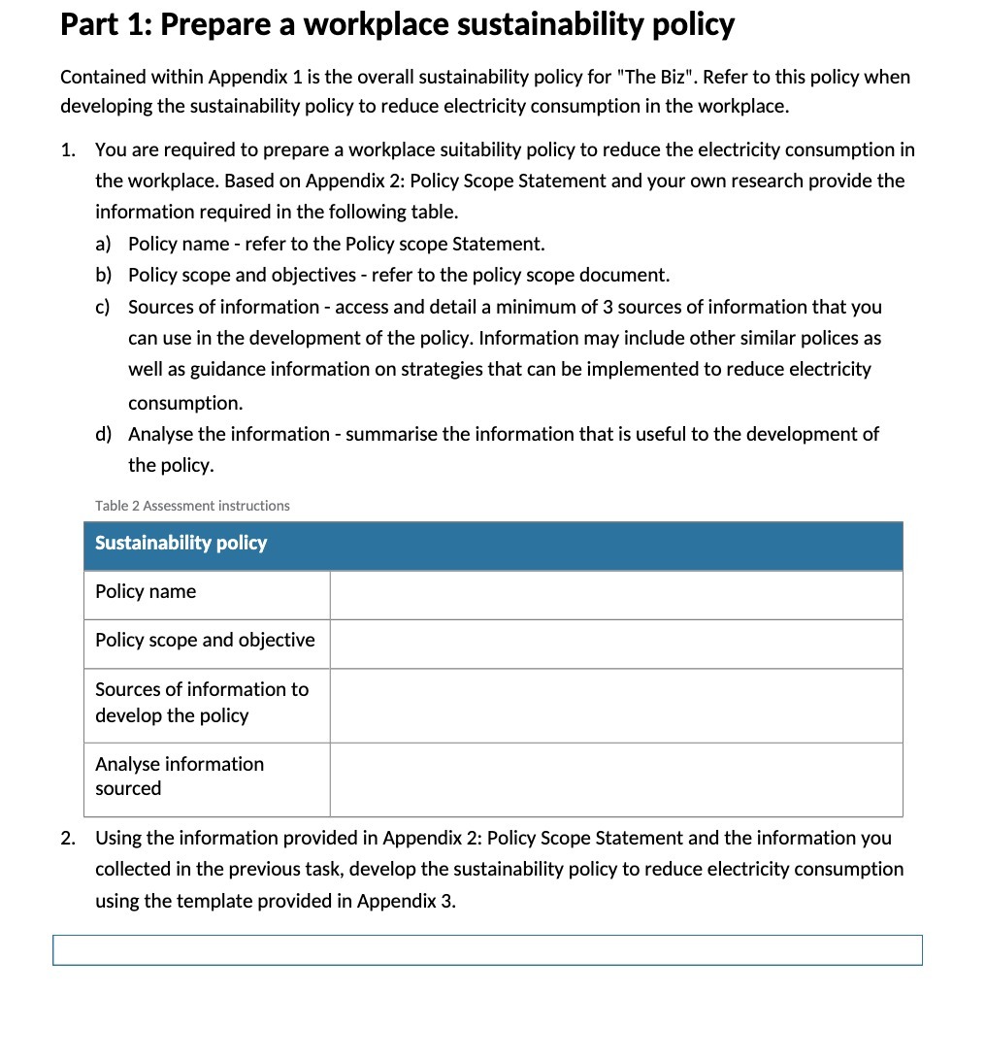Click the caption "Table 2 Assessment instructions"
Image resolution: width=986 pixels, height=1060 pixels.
(x=192, y=506)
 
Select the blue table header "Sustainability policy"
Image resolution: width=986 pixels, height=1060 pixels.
(x=181, y=544)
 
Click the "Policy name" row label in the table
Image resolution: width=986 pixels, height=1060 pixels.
(x=146, y=592)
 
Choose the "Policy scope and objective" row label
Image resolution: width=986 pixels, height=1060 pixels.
(x=205, y=641)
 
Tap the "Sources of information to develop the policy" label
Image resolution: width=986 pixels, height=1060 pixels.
(x=201, y=703)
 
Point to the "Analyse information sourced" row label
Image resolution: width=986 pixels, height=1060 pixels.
(x=179, y=777)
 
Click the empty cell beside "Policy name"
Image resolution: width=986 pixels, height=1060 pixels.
(x=615, y=594)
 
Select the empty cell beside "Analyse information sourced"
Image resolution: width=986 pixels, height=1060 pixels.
(x=615, y=778)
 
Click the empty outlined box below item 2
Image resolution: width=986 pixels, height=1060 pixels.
(x=487, y=950)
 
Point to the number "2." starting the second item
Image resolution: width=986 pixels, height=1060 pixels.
(x=68, y=838)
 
